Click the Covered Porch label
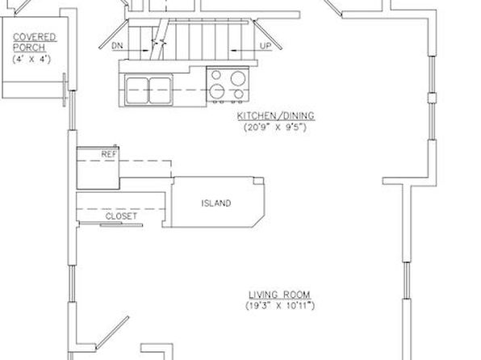(x=35, y=42)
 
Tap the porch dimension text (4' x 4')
(x=31, y=59)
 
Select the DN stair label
(x=117, y=46)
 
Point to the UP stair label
(x=266, y=46)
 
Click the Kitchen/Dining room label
(x=276, y=115)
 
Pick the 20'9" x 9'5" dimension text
(x=275, y=127)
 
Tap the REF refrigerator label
(x=109, y=154)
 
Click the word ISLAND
(x=216, y=203)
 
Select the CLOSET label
(x=121, y=216)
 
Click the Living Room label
(x=279, y=295)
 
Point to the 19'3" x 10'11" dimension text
(x=280, y=306)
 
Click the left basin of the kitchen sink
(x=137, y=90)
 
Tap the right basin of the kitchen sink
(x=160, y=90)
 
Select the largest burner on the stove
(x=238, y=78)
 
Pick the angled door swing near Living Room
(x=112, y=333)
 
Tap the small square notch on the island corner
(x=258, y=181)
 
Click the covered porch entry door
(x=65, y=90)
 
